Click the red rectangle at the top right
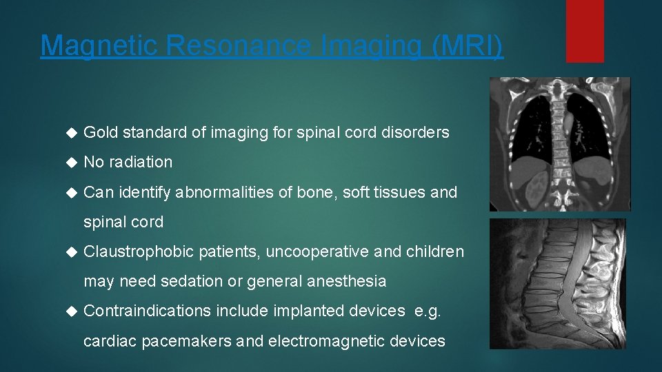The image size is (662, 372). click(x=585, y=31)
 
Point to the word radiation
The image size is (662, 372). click(x=141, y=162)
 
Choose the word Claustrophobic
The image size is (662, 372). click(x=139, y=251)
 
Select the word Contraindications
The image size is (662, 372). click(x=148, y=311)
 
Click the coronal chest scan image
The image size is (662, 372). click(x=559, y=144)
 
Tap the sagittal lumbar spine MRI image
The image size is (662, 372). click(x=558, y=284)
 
